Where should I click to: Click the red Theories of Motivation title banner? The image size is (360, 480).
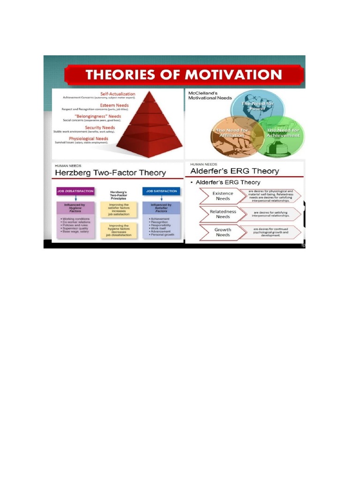[184, 75]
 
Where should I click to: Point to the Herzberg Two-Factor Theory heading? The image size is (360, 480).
[111, 173]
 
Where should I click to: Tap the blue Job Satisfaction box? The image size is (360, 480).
[161, 191]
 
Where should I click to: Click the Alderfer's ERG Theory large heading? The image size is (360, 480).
[234, 171]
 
